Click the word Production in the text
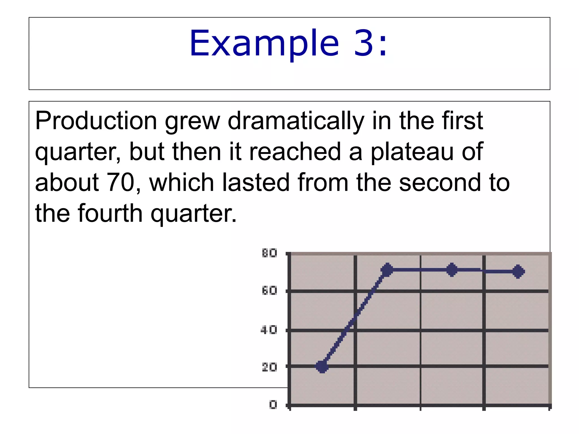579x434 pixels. [96, 121]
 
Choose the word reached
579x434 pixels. [295, 152]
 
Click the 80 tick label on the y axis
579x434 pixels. [269, 253]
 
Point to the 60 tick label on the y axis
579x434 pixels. [269, 291]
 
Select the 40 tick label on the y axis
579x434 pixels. [269, 330]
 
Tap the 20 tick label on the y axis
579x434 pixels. [269, 367]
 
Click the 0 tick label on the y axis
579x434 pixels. [273, 405]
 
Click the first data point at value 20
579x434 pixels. [322, 367]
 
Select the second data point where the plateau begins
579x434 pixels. [387, 270]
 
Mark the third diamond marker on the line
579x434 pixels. [452, 270]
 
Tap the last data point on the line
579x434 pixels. [518, 272]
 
